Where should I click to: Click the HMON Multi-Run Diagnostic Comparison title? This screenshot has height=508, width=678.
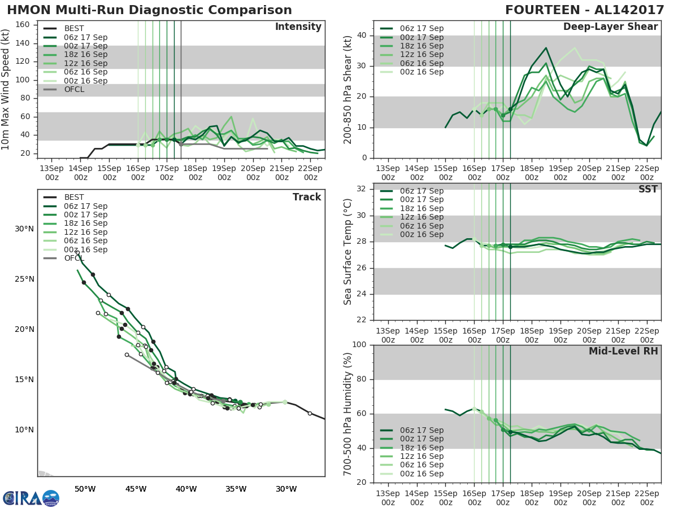tap(149, 10)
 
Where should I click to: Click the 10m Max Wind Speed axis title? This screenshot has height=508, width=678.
tap(6, 90)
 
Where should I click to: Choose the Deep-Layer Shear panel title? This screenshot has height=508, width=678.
tap(610, 27)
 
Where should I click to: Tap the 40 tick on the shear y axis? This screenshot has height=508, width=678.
tap(363, 36)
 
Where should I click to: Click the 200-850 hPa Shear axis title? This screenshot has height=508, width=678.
tap(348, 90)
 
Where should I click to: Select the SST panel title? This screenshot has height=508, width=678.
tap(647, 189)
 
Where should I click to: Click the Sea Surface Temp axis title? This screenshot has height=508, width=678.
tap(348, 251)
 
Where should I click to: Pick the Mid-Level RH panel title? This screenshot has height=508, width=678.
tap(623, 351)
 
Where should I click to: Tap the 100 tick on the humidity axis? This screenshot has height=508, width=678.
tap(359, 345)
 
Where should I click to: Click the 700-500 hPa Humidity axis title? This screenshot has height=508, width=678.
tap(348, 414)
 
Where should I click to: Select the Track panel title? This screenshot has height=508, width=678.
tap(307, 197)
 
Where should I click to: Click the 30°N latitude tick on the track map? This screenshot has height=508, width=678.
tap(24, 229)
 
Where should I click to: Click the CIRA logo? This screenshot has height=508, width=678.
tap(31, 498)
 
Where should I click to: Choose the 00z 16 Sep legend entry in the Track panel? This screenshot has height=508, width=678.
tap(85, 249)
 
